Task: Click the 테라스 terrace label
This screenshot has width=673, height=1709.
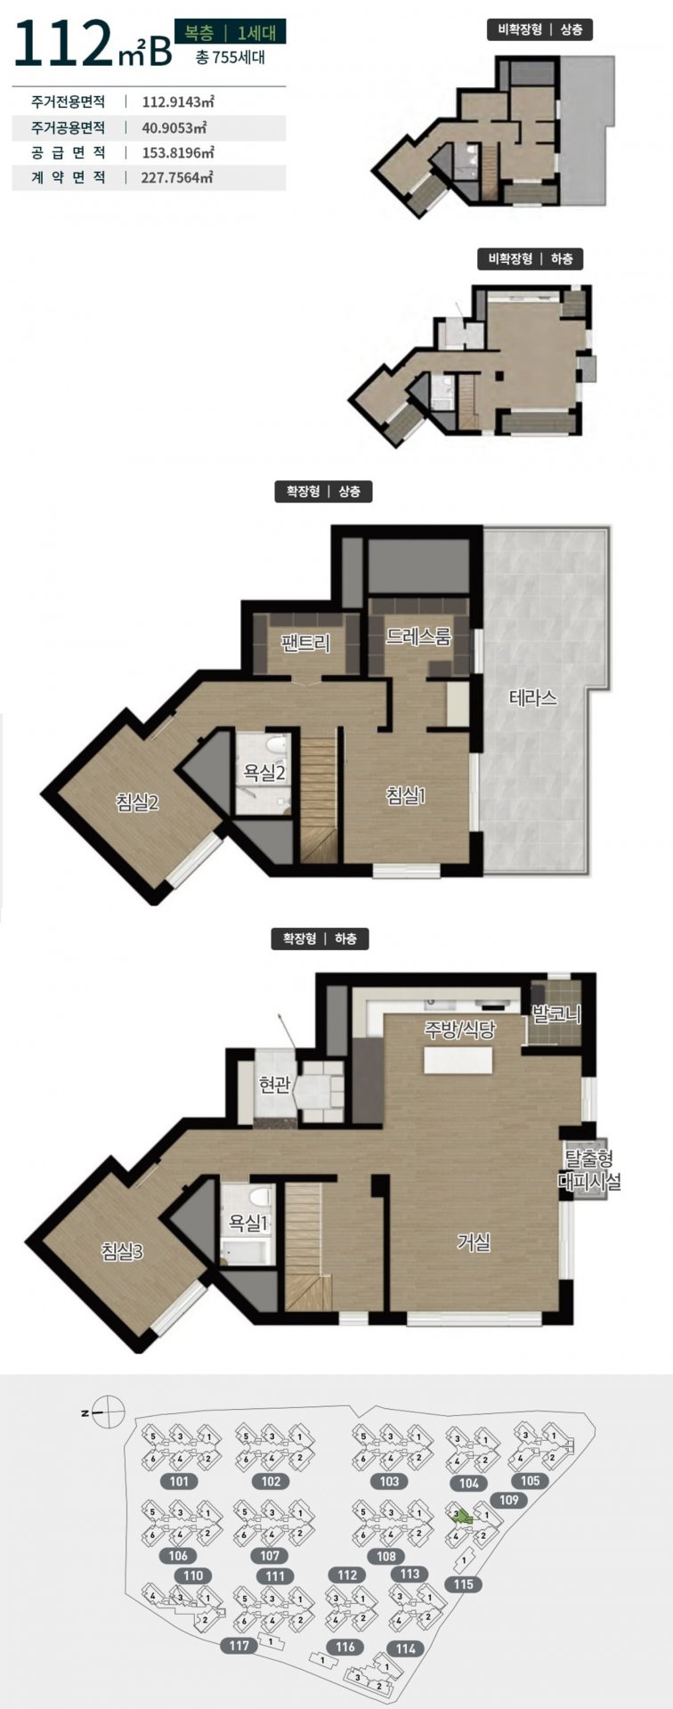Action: click(533, 697)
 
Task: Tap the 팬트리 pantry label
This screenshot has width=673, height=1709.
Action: click(305, 643)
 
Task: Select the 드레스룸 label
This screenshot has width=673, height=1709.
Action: click(418, 637)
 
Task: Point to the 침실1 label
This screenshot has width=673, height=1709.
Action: click(406, 795)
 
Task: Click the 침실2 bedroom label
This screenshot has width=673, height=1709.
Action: click(137, 802)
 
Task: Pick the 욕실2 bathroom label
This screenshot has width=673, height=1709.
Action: click(264, 772)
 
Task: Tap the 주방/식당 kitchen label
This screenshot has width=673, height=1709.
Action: click(459, 1030)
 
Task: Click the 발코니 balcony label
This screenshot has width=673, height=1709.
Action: click(556, 1013)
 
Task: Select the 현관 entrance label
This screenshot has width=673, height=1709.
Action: click(274, 1085)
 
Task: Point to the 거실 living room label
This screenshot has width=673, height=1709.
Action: click(474, 1241)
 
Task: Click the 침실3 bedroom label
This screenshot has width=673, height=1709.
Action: click(122, 1251)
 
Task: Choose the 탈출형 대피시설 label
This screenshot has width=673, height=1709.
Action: click(588, 1171)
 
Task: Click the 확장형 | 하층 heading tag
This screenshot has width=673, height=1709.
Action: click(320, 939)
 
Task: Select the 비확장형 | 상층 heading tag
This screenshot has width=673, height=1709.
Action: click(540, 29)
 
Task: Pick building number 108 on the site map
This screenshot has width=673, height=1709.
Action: click(385, 1557)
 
